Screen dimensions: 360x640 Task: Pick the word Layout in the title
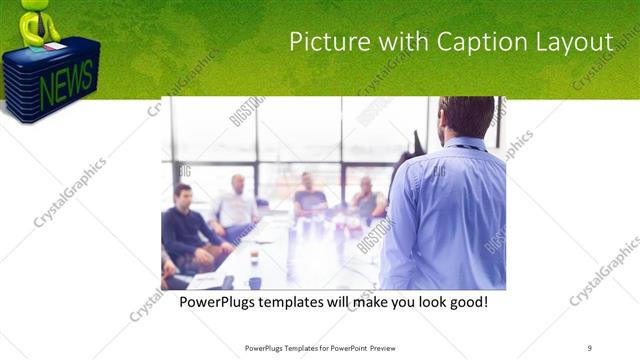tap(576, 42)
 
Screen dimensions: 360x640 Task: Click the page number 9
tap(590, 348)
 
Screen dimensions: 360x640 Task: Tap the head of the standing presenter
tap(465, 114)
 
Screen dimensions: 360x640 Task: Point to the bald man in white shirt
tap(237, 205)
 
